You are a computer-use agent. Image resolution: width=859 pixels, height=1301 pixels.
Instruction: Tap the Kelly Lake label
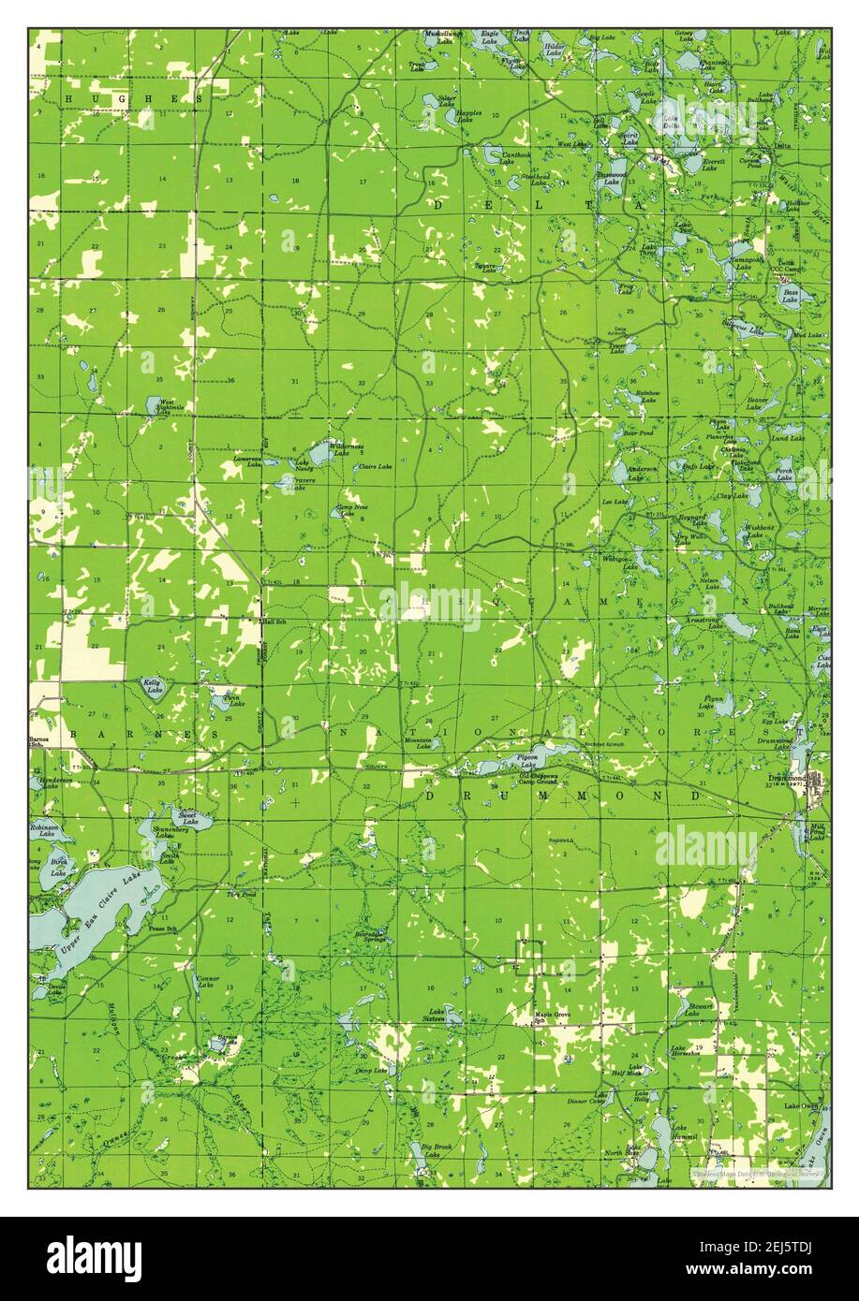[153, 687]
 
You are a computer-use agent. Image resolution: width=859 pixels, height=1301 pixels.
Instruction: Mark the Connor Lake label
[207, 982]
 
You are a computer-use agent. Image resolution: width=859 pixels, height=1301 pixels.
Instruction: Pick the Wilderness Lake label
[346, 448]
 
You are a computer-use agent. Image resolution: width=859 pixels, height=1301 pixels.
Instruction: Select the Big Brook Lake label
[437, 1148]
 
